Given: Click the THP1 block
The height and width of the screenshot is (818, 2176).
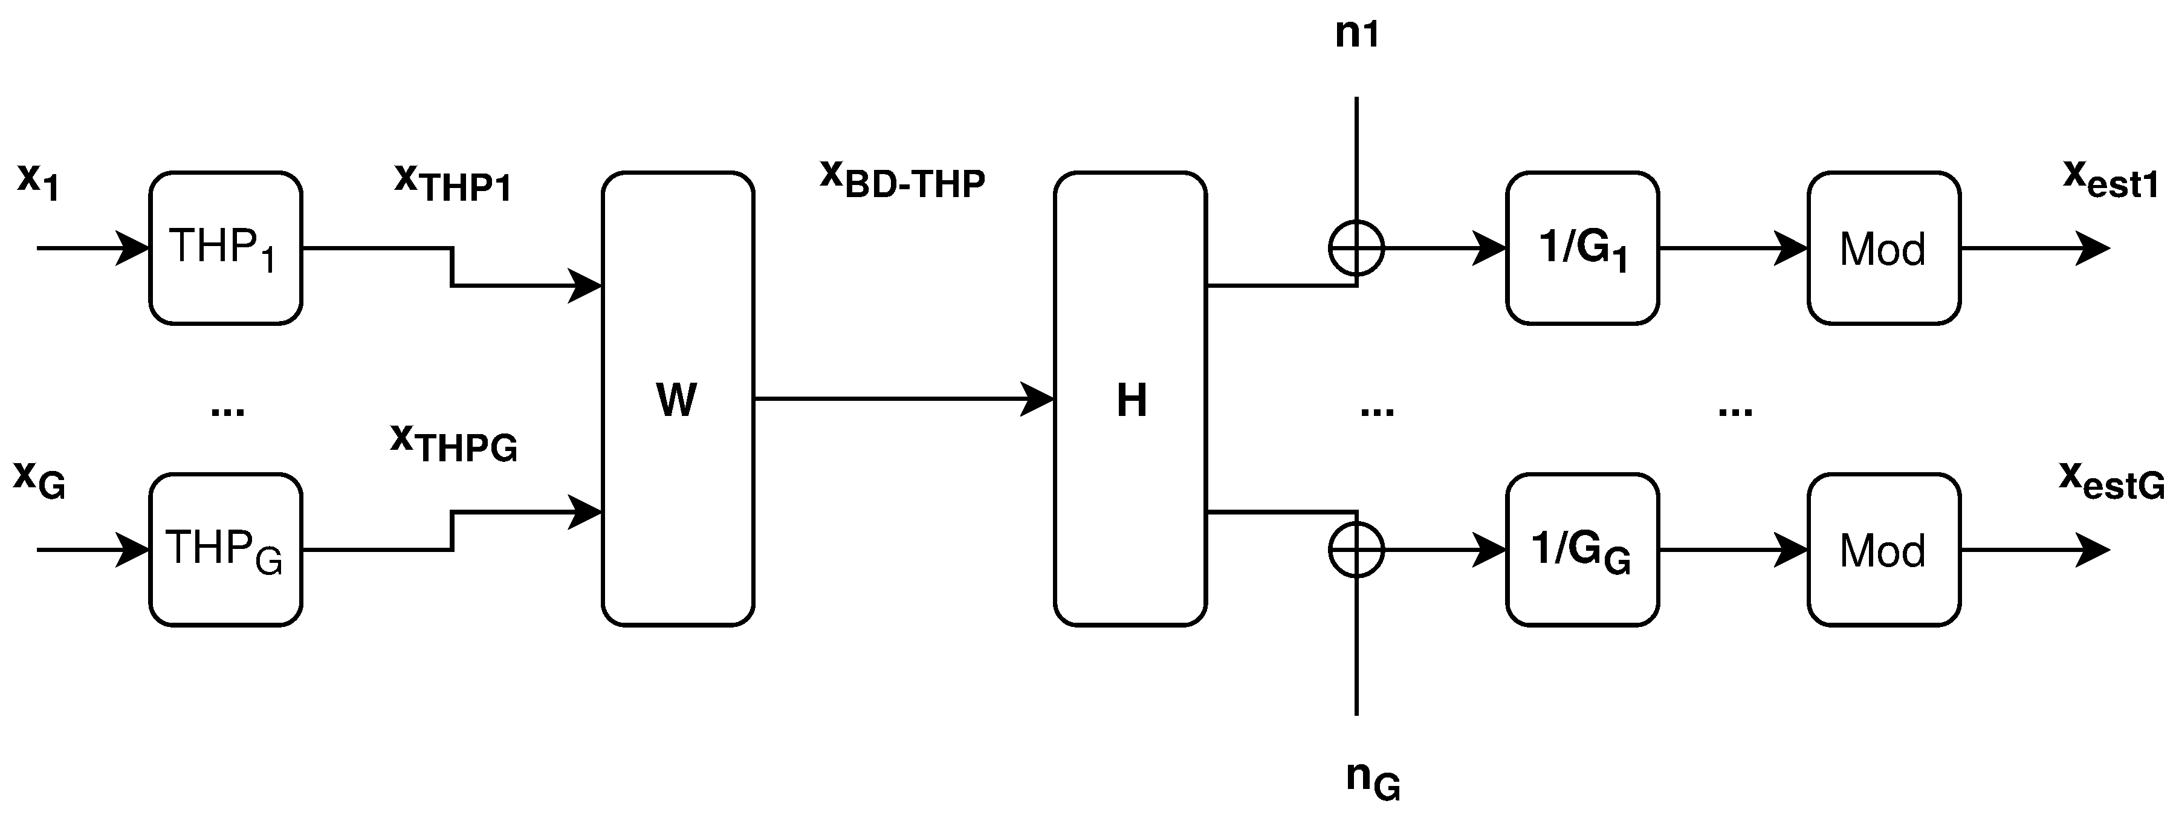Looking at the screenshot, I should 225,248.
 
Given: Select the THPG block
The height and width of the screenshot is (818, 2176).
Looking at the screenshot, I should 225,550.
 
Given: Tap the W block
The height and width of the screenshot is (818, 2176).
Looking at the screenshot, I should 678,399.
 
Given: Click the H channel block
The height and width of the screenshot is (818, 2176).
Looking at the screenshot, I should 1130,399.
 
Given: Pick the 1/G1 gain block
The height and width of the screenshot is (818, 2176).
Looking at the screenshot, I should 1582,248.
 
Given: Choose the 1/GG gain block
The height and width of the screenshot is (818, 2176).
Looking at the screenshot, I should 1582,550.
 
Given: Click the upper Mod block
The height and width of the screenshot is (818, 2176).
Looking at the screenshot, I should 1883,248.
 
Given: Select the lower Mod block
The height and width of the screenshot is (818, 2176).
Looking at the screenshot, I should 1883,550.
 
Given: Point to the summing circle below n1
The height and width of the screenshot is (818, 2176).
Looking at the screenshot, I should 1356,248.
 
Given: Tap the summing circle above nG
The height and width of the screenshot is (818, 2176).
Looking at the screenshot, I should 1356,550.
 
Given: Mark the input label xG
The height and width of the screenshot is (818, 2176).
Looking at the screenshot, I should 39,480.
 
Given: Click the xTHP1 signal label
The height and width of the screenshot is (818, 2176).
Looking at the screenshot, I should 453,183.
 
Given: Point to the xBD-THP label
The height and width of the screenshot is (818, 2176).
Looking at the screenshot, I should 902,179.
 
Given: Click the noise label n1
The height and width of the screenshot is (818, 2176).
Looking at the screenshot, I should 1356,34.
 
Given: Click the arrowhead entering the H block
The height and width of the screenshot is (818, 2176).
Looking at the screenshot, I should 1039,399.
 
